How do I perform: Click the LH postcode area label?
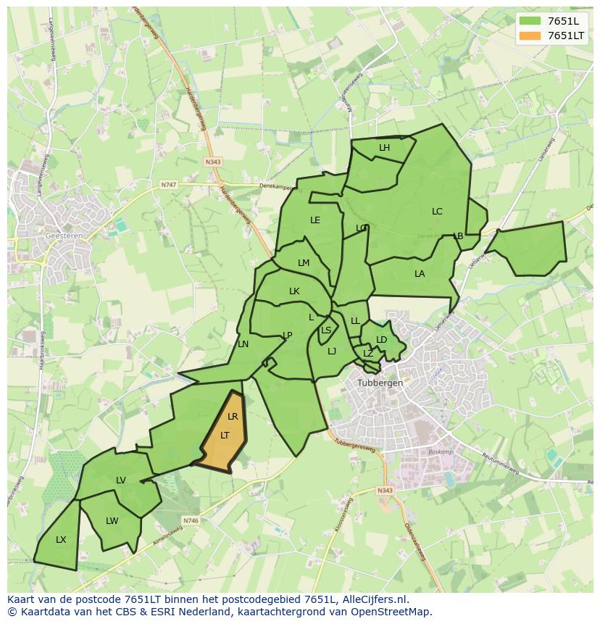(x=384, y=148)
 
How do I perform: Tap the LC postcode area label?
(x=437, y=212)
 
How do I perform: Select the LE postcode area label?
(x=315, y=220)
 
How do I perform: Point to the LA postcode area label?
(x=420, y=274)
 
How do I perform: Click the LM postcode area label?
(x=304, y=263)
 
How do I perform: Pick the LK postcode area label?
(x=294, y=291)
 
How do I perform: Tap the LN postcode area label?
(x=243, y=344)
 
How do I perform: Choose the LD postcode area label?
(x=382, y=340)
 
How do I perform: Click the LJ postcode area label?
(x=332, y=351)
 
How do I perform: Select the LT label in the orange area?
(x=225, y=436)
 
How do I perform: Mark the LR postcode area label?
(x=233, y=417)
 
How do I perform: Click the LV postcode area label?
(x=121, y=481)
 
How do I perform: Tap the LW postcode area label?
(x=112, y=521)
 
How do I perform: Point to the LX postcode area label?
(x=61, y=540)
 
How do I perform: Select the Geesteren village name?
(x=63, y=236)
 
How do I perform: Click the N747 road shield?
(x=169, y=185)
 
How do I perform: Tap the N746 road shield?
(x=191, y=520)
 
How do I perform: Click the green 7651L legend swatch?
(x=530, y=21)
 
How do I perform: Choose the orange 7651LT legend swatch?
(x=530, y=36)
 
